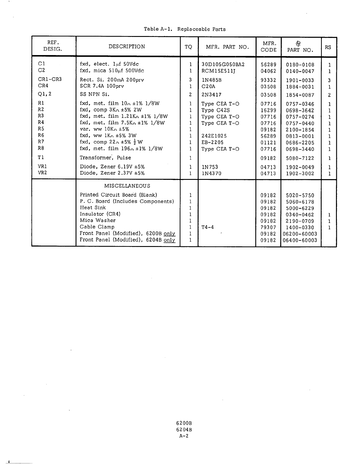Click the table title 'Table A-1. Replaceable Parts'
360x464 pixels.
pyautogui.click(x=185, y=29)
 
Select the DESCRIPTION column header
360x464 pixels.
pyautogui.click(x=127, y=47)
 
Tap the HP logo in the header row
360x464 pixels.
pyautogui.click(x=298, y=44)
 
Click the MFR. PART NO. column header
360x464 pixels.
pyautogui.click(x=227, y=47)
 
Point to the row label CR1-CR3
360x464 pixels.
pyautogui.click(x=50, y=79)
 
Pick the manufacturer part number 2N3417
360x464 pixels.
pyautogui.click(x=211, y=95)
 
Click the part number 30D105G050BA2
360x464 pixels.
pyautogui.click(x=223, y=64)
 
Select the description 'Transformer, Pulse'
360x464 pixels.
pyautogui.click(x=105, y=158)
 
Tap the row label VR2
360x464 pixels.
pyautogui.click(x=42, y=173)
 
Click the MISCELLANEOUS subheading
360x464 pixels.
pyautogui.click(x=127, y=186)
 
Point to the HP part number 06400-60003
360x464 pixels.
pyautogui.click(x=300, y=240)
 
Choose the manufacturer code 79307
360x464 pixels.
pyautogui.click(x=268, y=227)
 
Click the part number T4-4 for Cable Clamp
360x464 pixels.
pyautogui.click(x=208, y=227)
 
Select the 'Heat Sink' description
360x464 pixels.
pyautogui.click(x=93, y=207)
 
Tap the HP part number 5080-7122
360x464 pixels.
pyautogui.click(x=300, y=158)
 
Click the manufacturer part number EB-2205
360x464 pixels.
pyautogui.click(x=212, y=142)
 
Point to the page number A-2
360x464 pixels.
pyautogui.click(x=184, y=436)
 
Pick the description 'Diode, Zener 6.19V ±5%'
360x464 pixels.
pyautogui.click(x=112, y=167)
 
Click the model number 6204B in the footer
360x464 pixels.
pyautogui.click(x=184, y=430)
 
